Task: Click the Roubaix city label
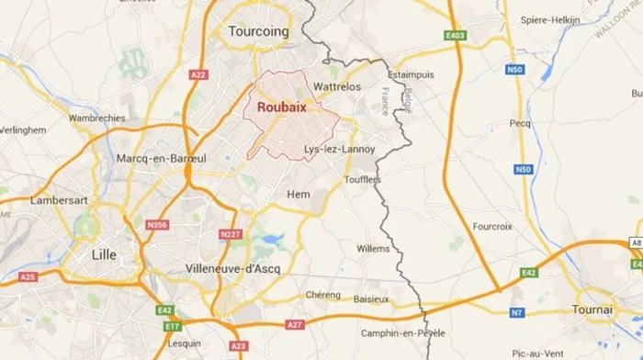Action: point(282,107)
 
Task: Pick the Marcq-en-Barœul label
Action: point(162,159)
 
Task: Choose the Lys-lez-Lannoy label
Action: point(339,149)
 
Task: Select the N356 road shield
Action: point(157,224)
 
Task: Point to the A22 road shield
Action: point(199,74)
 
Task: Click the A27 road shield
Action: point(293,324)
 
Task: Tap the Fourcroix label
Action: point(491,226)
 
